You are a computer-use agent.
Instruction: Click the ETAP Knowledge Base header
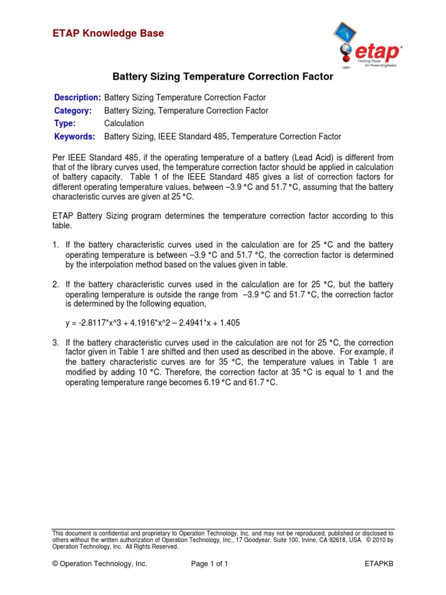click(x=108, y=34)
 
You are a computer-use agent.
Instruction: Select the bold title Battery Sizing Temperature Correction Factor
click(x=222, y=76)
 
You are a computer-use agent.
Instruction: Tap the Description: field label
click(x=77, y=97)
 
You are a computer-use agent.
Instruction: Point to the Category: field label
click(x=73, y=110)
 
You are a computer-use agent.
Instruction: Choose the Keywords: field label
click(x=74, y=137)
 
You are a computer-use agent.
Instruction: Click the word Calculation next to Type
click(x=124, y=124)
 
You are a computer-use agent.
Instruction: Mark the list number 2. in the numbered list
click(x=56, y=285)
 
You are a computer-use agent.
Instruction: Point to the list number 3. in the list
click(x=56, y=342)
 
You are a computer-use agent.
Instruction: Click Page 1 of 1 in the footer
click(x=210, y=564)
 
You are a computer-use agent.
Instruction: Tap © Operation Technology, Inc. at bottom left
click(x=100, y=564)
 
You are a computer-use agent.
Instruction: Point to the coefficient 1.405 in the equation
click(x=229, y=322)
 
